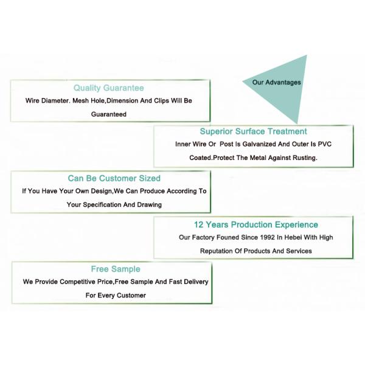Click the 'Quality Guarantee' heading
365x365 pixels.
click(109, 88)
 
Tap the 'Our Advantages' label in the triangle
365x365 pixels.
click(277, 82)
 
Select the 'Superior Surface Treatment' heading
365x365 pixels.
click(253, 131)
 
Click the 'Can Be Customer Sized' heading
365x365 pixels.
click(114, 178)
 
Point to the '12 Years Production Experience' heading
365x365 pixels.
click(256, 224)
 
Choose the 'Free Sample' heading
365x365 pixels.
click(116, 269)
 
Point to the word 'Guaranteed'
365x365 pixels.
click(109, 114)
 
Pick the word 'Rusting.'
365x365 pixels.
click(305, 158)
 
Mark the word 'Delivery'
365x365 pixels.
click(196, 282)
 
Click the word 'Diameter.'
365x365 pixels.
click(55, 101)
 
